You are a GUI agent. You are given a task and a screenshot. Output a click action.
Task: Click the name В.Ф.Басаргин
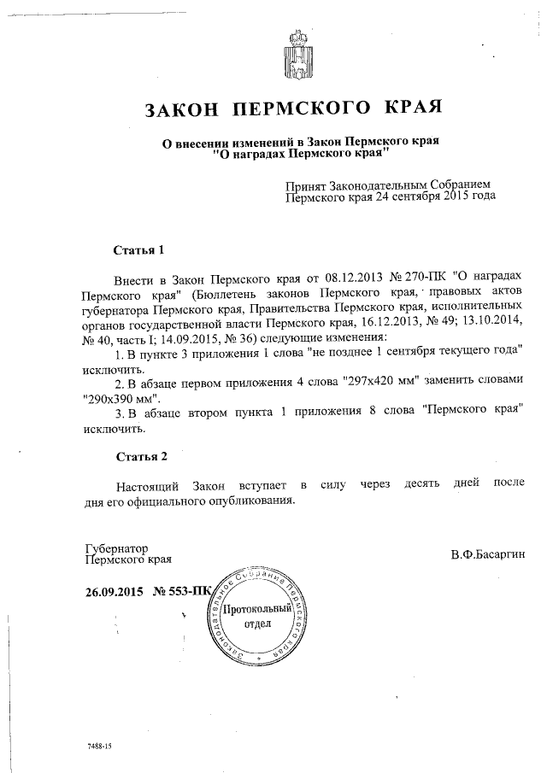click(487, 555)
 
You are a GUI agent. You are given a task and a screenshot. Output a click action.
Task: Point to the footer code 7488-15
click(99, 747)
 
